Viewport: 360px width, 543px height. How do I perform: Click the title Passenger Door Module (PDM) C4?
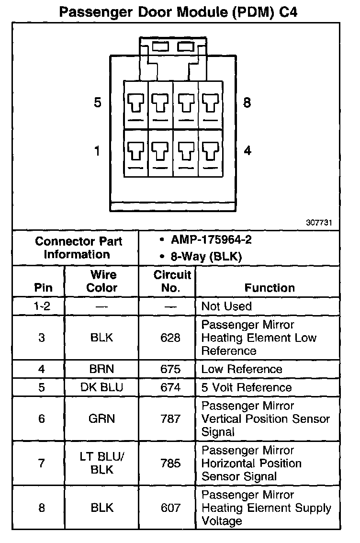click(x=178, y=12)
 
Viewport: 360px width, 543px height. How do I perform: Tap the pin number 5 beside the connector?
click(x=98, y=102)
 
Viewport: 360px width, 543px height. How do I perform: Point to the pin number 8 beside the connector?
click(x=247, y=102)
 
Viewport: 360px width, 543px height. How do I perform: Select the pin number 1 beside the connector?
click(x=97, y=151)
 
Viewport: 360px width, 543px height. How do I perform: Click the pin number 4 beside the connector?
click(x=247, y=151)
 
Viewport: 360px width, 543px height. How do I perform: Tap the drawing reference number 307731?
click(x=319, y=223)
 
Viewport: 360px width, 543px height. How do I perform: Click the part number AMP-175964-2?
click(x=211, y=240)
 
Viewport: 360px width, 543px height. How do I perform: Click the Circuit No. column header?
click(x=167, y=282)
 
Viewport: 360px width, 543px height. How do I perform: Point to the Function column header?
click(x=270, y=288)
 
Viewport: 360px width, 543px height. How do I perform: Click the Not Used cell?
click(x=226, y=306)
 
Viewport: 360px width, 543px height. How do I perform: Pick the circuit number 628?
click(x=170, y=338)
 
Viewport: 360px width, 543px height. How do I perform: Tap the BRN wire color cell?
click(x=101, y=369)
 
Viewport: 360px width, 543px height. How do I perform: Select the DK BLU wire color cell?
click(x=101, y=387)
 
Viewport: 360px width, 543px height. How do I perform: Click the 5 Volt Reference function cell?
click(x=246, y=387)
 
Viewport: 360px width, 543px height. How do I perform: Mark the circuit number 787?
click(x=170, y=419)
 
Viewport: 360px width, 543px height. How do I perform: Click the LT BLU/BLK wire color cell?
click(x=101, y=463)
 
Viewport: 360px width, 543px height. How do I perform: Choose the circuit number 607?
click(x=170, y=508)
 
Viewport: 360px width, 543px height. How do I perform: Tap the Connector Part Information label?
click(x=79, y=248)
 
